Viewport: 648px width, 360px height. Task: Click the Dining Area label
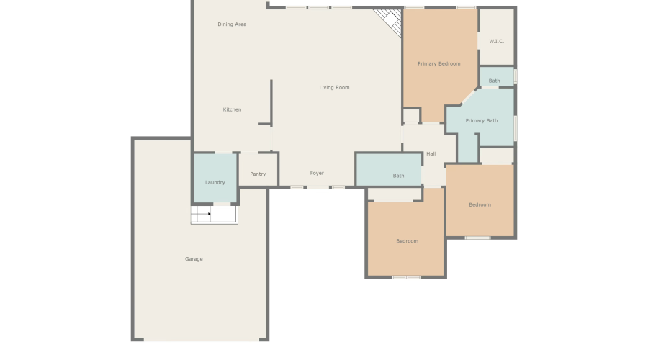[232, 24]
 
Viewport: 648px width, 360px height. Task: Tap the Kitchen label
[232, 109]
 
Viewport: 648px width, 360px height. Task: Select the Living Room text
[334, 88]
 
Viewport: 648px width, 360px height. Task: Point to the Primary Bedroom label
[438, 64]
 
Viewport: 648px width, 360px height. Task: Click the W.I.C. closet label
[496, 41]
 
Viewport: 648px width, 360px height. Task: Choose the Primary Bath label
[481, 120]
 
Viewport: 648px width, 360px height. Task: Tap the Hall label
[431, 153]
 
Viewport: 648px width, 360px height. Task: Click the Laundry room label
[215, 182]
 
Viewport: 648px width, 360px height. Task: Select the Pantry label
[257, 174]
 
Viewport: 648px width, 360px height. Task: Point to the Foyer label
[317, 173]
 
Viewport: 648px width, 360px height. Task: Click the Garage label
[194, 258]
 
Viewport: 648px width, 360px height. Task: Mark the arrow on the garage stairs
[209, 214]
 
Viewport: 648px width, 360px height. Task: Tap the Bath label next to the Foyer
[398, 176]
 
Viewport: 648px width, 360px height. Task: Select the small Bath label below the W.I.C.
[494, 81]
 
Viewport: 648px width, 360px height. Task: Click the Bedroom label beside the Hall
[480, 204]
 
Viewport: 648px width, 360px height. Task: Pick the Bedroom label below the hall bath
[407, 240]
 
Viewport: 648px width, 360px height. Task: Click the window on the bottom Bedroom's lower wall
[407, 277]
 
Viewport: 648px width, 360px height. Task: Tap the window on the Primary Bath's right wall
[516, 127]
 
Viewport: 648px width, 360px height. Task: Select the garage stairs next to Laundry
[214, 215]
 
